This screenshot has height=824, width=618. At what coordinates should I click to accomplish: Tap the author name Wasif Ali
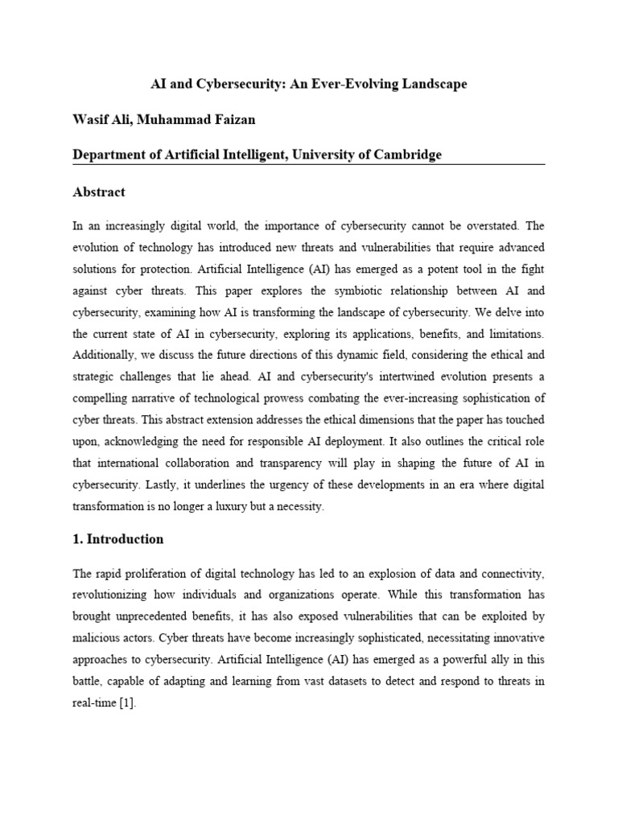pyautogui.click(x=101, y=119)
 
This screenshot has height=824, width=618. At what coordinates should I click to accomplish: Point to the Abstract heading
pyautogui.click(x=99, y=192)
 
